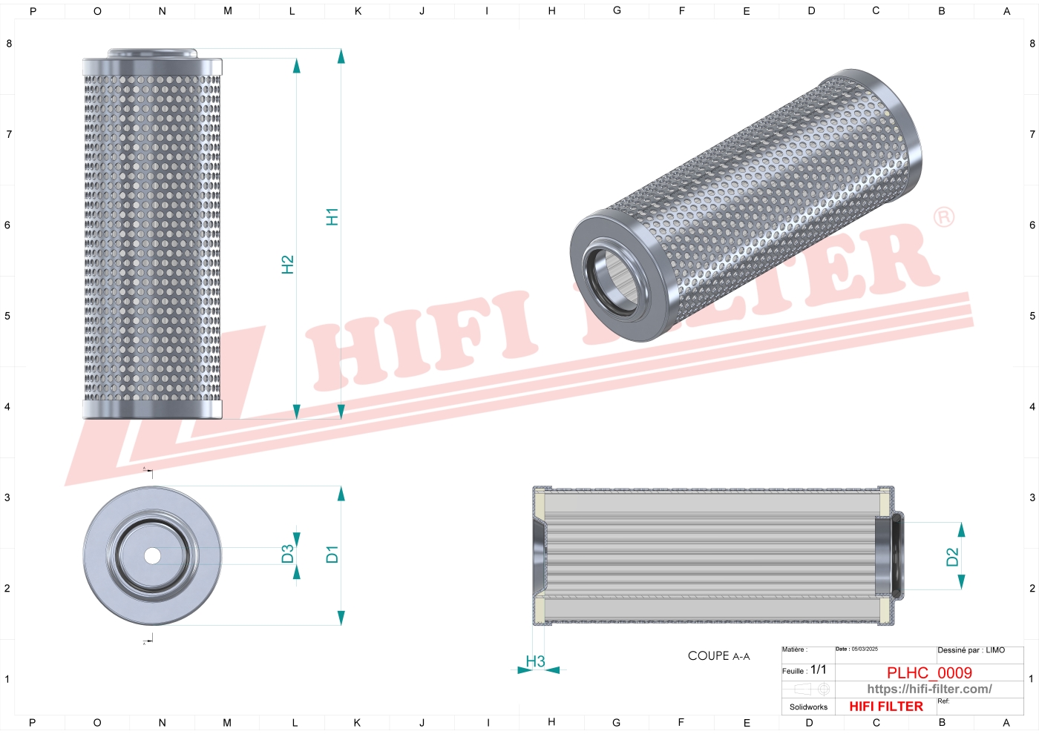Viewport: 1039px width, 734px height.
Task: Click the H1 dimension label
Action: click(332, 216)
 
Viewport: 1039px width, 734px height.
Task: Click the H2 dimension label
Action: click(288, 265)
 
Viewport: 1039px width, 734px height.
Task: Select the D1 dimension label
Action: click(332, 554)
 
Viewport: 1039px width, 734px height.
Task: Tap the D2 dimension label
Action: click(953, 557)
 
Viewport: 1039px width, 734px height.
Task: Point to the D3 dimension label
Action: click(288, 554)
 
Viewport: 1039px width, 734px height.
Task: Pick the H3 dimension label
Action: click(535, 661)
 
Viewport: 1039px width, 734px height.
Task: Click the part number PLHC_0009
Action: click(929, 672)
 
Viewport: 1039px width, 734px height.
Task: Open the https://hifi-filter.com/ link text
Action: click(929, 689)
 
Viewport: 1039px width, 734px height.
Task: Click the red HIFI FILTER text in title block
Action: click(886, 707)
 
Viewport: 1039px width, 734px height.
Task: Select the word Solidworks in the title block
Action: click(808, 707)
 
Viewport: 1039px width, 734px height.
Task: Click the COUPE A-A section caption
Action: click(718, 656)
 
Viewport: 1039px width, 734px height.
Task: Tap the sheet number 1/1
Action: click(818, 669)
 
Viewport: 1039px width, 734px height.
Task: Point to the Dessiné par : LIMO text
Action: click(971, 650)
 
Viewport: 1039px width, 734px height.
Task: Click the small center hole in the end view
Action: click(152, 555)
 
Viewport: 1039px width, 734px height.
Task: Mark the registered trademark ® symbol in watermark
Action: click(943, 217)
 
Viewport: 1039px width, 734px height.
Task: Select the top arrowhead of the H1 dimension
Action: click(341, 56)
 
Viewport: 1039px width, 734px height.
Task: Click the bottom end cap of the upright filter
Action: click(152, 409)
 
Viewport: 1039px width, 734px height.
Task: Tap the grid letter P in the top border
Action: click(33, 11)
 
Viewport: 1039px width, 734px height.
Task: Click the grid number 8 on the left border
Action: click(9, 44)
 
